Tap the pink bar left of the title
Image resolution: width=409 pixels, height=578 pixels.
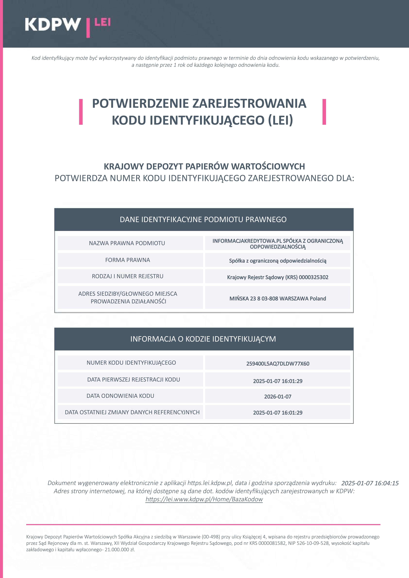tap(81, 112)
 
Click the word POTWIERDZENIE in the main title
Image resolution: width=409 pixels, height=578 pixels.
tap(140, 103)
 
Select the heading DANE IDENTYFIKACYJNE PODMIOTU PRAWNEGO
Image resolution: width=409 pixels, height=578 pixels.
tap(203, 220)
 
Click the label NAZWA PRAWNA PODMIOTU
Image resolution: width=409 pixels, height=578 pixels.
tap(127, 243)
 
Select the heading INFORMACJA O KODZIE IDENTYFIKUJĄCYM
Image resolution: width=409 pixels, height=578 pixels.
tap(203, 339)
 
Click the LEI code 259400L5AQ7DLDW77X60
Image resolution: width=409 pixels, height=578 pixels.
tap(278, 363)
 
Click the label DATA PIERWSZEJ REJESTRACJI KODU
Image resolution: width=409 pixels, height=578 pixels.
tap(134, 380)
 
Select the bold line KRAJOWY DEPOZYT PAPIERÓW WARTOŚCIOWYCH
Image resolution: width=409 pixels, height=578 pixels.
tap(204, 166)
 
